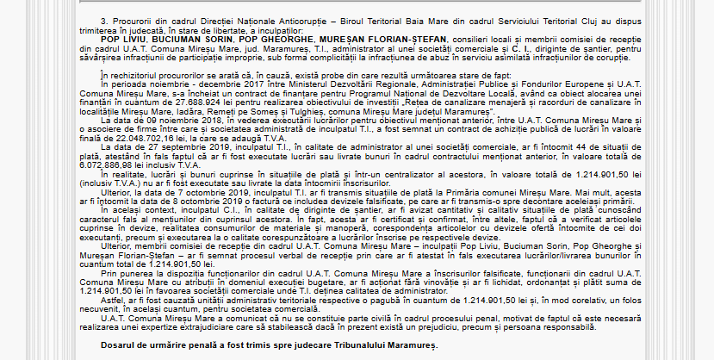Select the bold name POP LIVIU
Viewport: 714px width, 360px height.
pyautogui.click(x=124, y=40)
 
